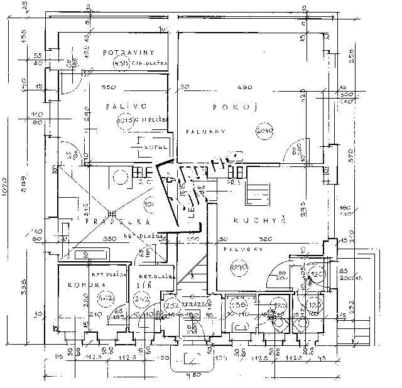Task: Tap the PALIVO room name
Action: pyautogui.click(x=117, y=106)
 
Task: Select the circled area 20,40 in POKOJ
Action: pyautogui.click(x=264, y=131)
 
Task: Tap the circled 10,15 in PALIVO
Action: pyautogui.click(x=124, y=119)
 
